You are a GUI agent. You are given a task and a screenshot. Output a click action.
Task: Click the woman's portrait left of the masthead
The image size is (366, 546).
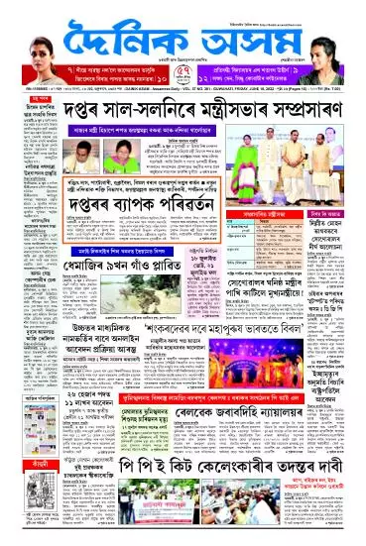pos(29,31)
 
